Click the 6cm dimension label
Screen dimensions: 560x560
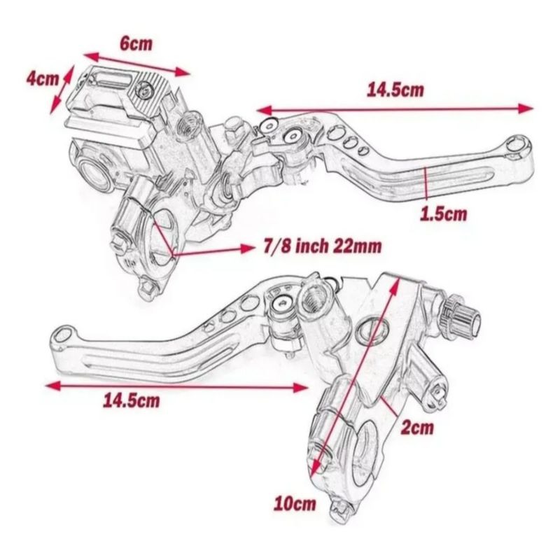click(136, 44)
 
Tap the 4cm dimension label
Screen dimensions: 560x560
click(42, 78)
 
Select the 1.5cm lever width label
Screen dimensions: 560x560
click(444, 213)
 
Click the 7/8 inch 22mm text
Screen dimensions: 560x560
click(322, 246)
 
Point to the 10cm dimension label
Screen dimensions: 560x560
click(295, 504)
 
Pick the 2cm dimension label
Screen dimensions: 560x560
click(417, 427)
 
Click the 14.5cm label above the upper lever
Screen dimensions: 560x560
click(395, 90)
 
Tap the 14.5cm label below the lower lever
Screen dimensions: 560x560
click(132, 400)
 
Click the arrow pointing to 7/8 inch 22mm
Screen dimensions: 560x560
click(213, 251)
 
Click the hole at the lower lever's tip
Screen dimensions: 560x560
click(65, 334)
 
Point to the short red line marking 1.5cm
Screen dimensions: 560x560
click(426, 183)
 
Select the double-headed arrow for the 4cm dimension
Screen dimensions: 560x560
click(62, 90)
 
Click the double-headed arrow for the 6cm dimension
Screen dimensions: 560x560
click(136, 64)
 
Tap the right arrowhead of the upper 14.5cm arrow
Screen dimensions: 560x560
click(526, 108)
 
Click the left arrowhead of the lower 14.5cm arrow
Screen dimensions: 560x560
click(53, 385)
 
